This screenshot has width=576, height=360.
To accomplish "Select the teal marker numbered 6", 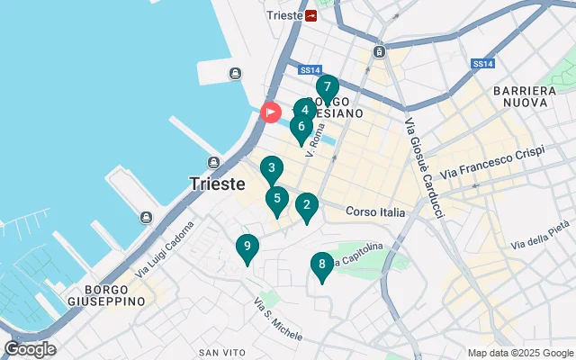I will [301, 127].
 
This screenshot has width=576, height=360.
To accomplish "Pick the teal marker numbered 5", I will [276, 200].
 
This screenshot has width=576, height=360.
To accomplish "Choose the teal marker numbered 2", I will [307, 206].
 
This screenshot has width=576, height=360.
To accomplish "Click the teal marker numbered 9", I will [247, 247].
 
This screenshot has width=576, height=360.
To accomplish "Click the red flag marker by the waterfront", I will [270, 112].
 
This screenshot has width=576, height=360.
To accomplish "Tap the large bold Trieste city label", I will [218, 183].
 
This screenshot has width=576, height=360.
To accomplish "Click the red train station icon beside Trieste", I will [311, 15].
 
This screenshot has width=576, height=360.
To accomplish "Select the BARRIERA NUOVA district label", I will [525, 97].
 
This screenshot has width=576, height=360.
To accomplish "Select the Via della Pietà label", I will [540, 235].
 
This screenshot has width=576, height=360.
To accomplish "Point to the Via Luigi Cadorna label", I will [164, 261].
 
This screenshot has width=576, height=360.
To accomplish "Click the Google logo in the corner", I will [31, 349].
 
